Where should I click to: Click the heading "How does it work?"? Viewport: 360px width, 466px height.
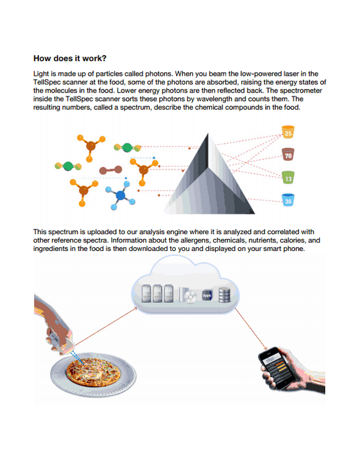coord(70,58)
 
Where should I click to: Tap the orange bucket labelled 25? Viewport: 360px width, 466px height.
coord(288,132)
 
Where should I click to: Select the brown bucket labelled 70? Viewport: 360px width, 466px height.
coord(288,155)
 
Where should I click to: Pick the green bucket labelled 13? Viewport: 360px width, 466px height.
coord(288,177)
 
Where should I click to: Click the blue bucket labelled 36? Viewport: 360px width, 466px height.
coord(288,200)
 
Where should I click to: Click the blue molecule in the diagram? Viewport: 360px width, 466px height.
coord(120,196)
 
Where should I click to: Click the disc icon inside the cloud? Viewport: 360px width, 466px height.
coord(191,296)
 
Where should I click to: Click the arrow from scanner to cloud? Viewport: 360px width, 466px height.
coord(105,328)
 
